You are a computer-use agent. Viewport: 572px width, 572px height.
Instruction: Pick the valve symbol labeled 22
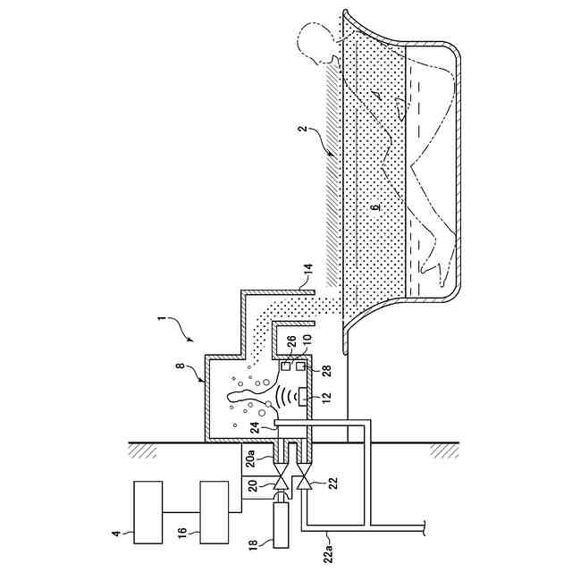[306, 483]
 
